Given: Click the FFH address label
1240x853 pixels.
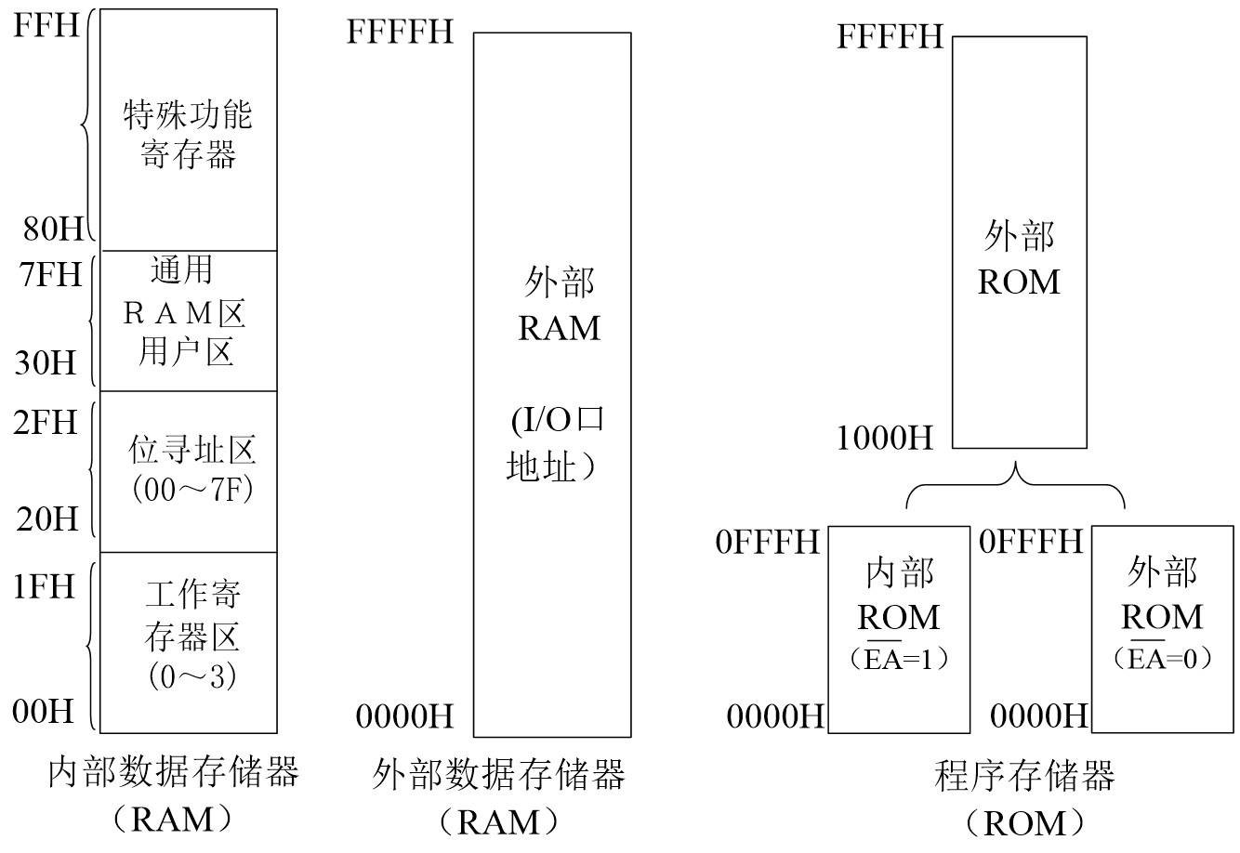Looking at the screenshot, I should tap(46, 24).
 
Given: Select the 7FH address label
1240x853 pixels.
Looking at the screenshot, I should tap(47, 275).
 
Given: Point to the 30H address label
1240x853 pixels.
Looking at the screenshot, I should tap(46, 362).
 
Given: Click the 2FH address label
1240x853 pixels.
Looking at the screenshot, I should tap(46, 423).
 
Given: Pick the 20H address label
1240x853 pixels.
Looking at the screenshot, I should tap(47, 518).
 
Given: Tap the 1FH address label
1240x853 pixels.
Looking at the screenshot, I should tap(44, 587).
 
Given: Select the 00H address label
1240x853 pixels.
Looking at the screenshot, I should tap(44, 712).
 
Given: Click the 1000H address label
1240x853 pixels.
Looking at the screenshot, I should tap(885, 438).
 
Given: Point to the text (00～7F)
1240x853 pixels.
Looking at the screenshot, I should tap(192, 489).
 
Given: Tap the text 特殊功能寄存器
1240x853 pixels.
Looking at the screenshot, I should tap(188, 135).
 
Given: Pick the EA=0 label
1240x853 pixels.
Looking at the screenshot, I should tap(1162, 659).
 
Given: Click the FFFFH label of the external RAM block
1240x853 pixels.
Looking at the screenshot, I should tap(401, 32).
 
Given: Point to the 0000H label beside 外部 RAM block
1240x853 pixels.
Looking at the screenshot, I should tap(404, 716).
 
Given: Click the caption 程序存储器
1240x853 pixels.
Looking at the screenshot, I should tap(1023, 776).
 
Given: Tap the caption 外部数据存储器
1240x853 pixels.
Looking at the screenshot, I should tap(499, 774).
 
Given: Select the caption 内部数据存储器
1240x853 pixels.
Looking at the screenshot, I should tap(173, 772).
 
